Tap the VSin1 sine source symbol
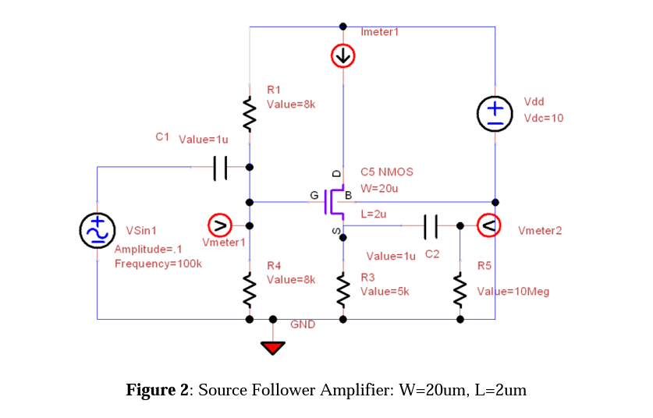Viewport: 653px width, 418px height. [x=97, y=230]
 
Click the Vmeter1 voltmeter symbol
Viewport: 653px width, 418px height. [x=221, y=226]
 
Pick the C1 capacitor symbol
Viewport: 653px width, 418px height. [x=220, y=166]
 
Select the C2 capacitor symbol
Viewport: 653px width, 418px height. [x=431, y=226]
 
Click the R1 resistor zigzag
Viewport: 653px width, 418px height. [x=250, y=114]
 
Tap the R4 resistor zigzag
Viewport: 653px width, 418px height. [x=250, y=289]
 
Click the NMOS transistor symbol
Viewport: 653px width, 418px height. [x=336, y=201]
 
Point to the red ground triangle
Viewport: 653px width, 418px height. [x=272, y=347]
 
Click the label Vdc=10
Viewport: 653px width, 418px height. [x=543, y=119]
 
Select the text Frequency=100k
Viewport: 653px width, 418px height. [x=158, y=264]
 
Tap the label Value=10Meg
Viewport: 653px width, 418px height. [x=513, y=292]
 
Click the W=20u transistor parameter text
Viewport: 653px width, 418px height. [x=379, y=188]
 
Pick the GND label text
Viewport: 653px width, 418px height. [x=303, y=324]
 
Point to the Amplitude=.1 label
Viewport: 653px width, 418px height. [x=148, y=250]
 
